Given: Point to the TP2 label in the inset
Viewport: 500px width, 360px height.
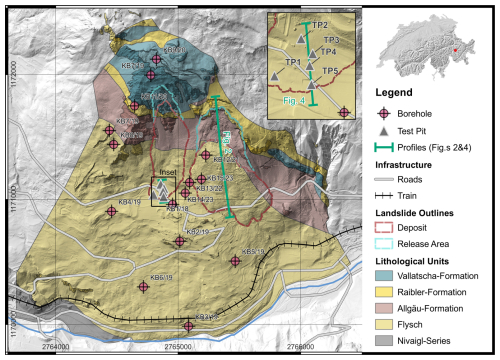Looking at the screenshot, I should (x=320, y=24).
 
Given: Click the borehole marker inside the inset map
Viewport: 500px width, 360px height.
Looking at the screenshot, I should (x=344, y=112).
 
